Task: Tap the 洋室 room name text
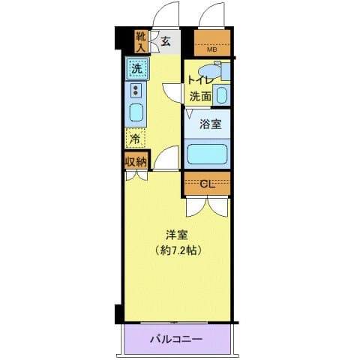pos(177,233)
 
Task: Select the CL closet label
pos(206,183)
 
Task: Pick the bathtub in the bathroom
pos(206,155)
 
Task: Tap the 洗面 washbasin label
pos(199,95)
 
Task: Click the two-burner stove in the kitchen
pos(136,91)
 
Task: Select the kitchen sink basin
pos(136,113)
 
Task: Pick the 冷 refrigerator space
pos(135,138)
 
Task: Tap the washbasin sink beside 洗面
pos(221,95)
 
